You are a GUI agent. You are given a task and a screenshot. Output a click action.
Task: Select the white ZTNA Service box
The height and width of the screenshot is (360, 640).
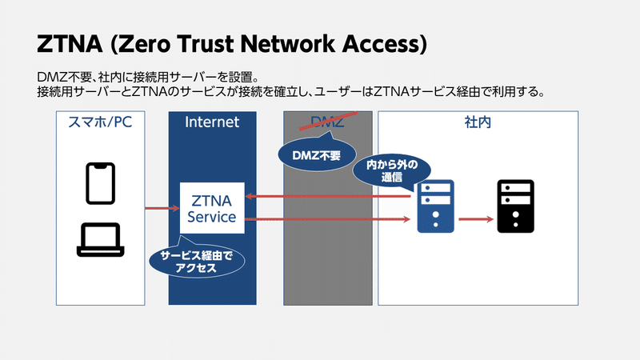tap(211, 208)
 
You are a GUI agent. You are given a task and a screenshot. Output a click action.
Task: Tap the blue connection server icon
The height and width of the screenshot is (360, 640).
tap(435, 206)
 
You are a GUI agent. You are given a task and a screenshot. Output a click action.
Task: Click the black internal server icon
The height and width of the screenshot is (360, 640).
tap(515, 206)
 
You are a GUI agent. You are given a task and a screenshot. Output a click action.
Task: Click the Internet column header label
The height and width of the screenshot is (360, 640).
tap(212, 122)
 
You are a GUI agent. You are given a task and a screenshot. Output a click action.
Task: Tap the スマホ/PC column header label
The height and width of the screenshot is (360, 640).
tap(101, 122)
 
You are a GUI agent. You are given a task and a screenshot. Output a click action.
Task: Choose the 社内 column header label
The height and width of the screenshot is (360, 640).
tap(478, 122)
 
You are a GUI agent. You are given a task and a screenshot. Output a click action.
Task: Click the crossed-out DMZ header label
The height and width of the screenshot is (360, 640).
tap(328, 122)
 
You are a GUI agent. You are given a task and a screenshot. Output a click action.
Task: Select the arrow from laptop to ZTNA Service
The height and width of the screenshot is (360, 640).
tap(162, 209)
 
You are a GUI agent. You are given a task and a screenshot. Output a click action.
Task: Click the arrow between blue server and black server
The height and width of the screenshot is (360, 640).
tap(475, 218)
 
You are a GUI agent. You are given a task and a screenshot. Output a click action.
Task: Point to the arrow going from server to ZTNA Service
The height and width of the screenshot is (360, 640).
tap(328, 195)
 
